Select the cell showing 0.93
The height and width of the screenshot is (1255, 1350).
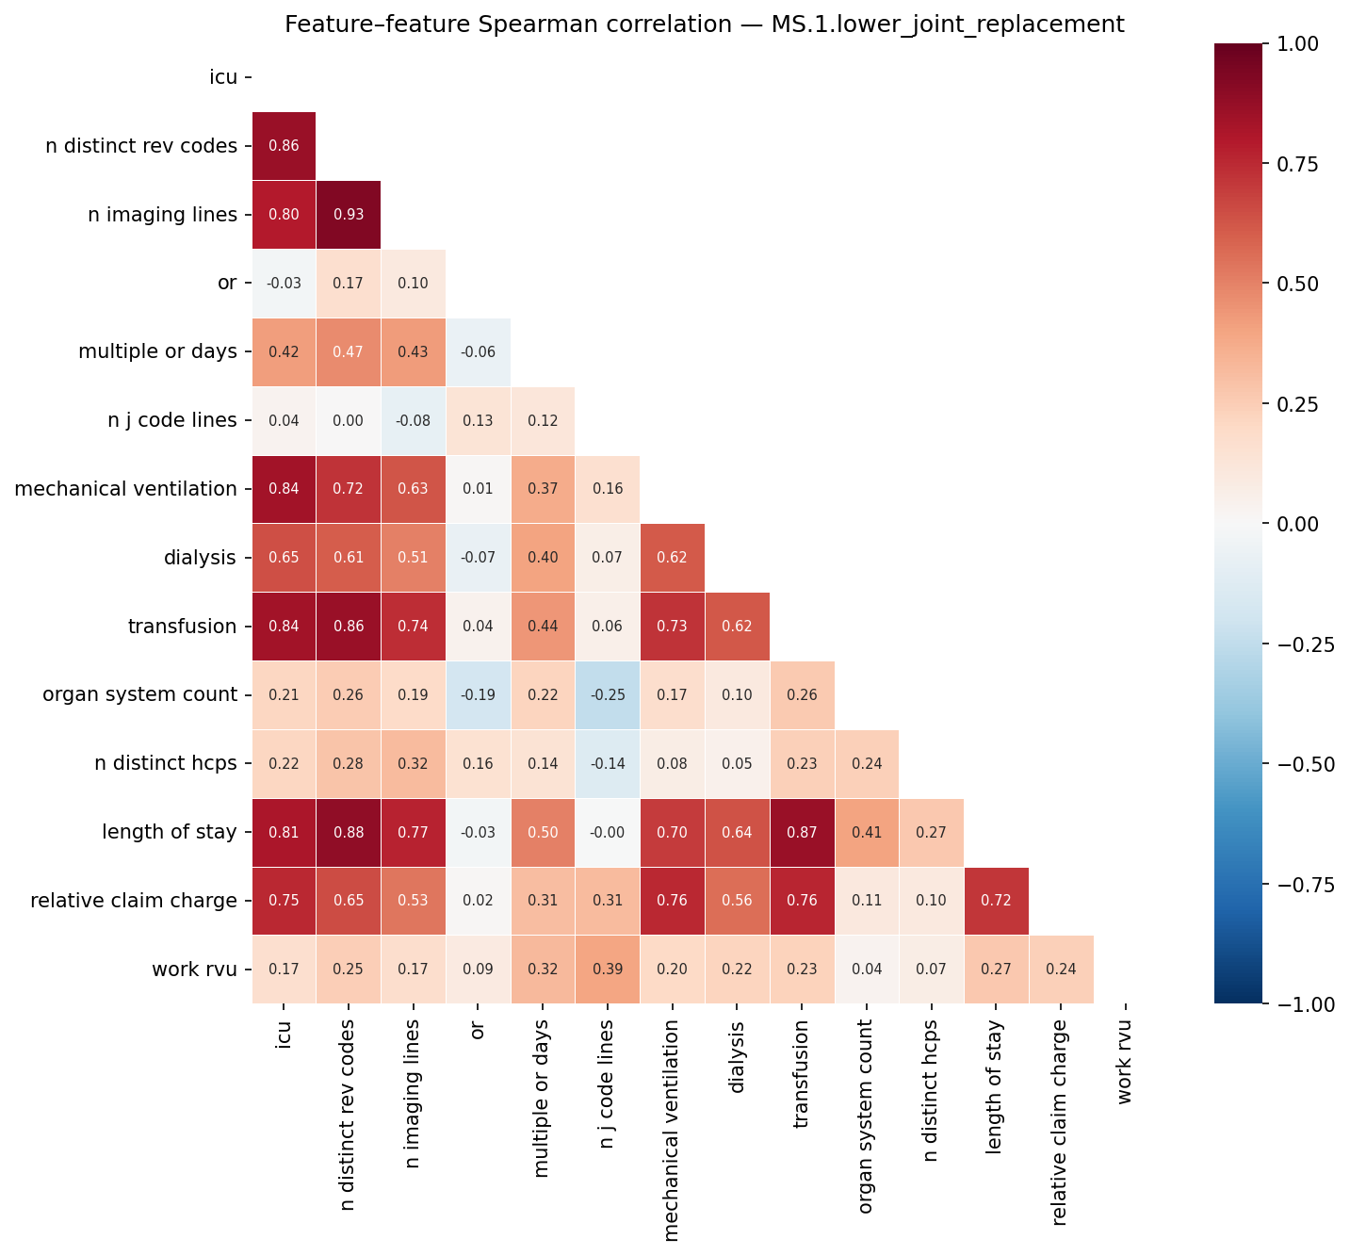349,215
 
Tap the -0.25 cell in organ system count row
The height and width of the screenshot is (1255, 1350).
607,695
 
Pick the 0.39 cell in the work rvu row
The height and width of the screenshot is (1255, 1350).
607,970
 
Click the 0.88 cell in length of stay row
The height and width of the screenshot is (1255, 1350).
349,833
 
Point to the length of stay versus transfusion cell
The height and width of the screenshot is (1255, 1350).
801,833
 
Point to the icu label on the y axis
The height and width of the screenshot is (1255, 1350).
223,77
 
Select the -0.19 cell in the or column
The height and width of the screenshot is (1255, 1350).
478,695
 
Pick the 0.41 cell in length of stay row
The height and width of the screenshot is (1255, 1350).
866,833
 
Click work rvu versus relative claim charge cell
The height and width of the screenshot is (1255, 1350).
1061,970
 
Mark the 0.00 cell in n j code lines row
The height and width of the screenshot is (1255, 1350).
349,420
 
